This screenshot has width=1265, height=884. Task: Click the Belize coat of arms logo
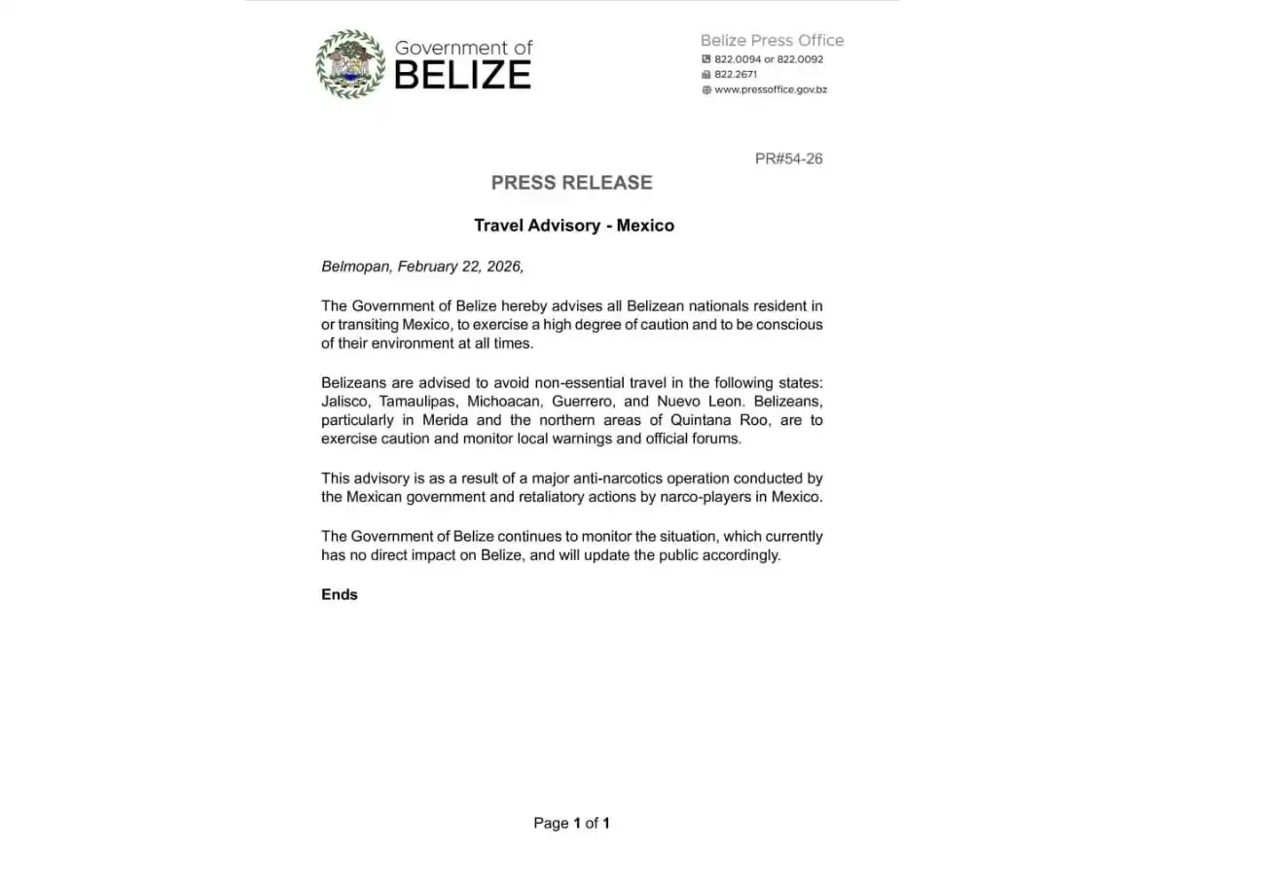350,64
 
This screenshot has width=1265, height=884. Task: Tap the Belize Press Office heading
772,41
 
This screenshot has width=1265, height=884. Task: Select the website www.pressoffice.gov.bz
771,89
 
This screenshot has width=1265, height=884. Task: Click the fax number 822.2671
736,74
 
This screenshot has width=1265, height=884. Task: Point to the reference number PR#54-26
788,159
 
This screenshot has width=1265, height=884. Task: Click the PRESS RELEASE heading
571,183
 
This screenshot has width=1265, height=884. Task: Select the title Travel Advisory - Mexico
574,226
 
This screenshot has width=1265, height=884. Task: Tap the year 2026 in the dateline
504,266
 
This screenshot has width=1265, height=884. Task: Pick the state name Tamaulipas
413,401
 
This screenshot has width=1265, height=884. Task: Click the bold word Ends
340,594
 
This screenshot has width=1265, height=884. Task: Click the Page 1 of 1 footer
571,823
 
